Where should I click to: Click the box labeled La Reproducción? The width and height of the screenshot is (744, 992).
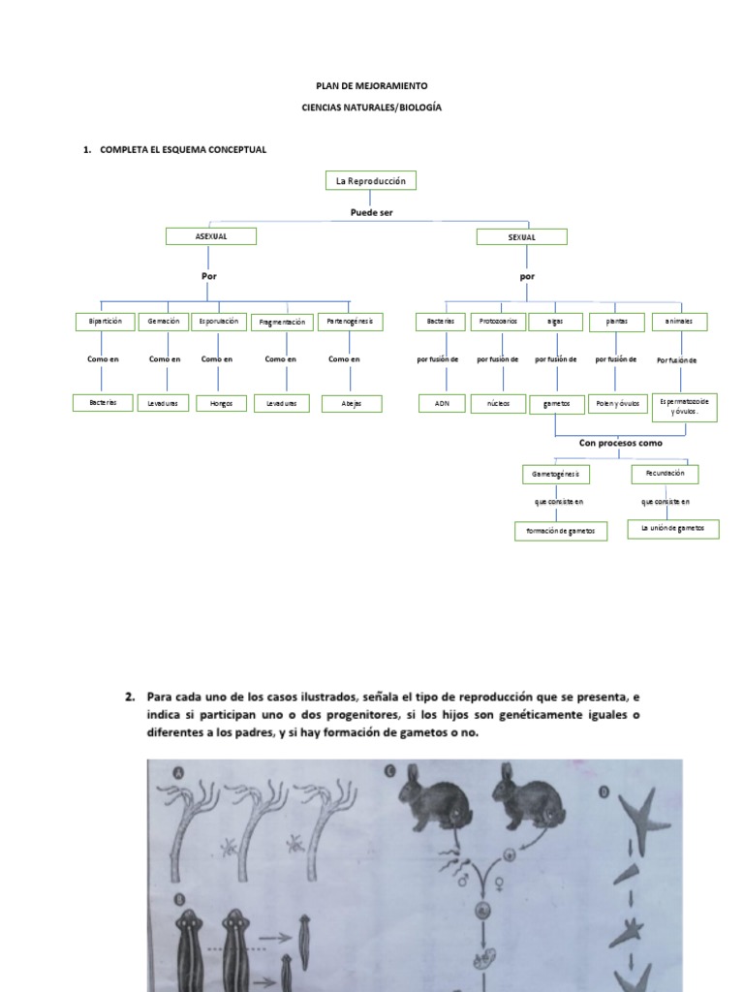[370, 181]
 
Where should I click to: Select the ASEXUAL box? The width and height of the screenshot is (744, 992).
[210, 236]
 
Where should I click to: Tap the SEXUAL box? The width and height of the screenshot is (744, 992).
[521, 236]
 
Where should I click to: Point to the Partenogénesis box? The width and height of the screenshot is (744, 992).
[350, 322]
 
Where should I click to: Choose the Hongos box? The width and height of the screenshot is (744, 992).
[220, 403]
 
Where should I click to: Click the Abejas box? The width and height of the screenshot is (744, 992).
[352, 404]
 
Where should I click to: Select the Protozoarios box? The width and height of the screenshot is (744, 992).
[498, 322]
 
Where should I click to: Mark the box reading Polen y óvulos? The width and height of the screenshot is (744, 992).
[618, 403]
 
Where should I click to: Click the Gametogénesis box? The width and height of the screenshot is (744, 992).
[555, 475]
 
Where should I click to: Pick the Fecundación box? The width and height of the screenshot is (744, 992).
[665, 474]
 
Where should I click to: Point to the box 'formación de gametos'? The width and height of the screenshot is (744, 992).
[561, 531]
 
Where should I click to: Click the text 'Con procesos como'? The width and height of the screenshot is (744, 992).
[621, 443]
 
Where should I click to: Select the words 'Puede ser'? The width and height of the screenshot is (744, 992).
[371, 211]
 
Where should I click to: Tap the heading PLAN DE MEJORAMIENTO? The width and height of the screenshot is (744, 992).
[371, 86]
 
